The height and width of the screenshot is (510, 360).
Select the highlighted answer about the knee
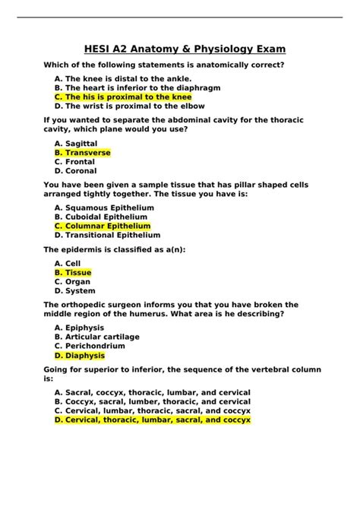(123, 97)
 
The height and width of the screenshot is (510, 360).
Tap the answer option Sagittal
(76, 143)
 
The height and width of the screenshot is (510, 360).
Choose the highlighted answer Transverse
(83, 153)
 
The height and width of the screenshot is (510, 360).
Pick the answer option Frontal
(75, 162)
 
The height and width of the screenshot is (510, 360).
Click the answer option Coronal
(76, 171)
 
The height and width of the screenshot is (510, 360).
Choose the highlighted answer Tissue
(73, 272)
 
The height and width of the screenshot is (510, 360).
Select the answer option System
(75, 290)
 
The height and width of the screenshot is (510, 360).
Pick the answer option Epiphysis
(80, 328)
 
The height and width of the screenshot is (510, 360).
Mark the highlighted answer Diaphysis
(80, 355)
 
